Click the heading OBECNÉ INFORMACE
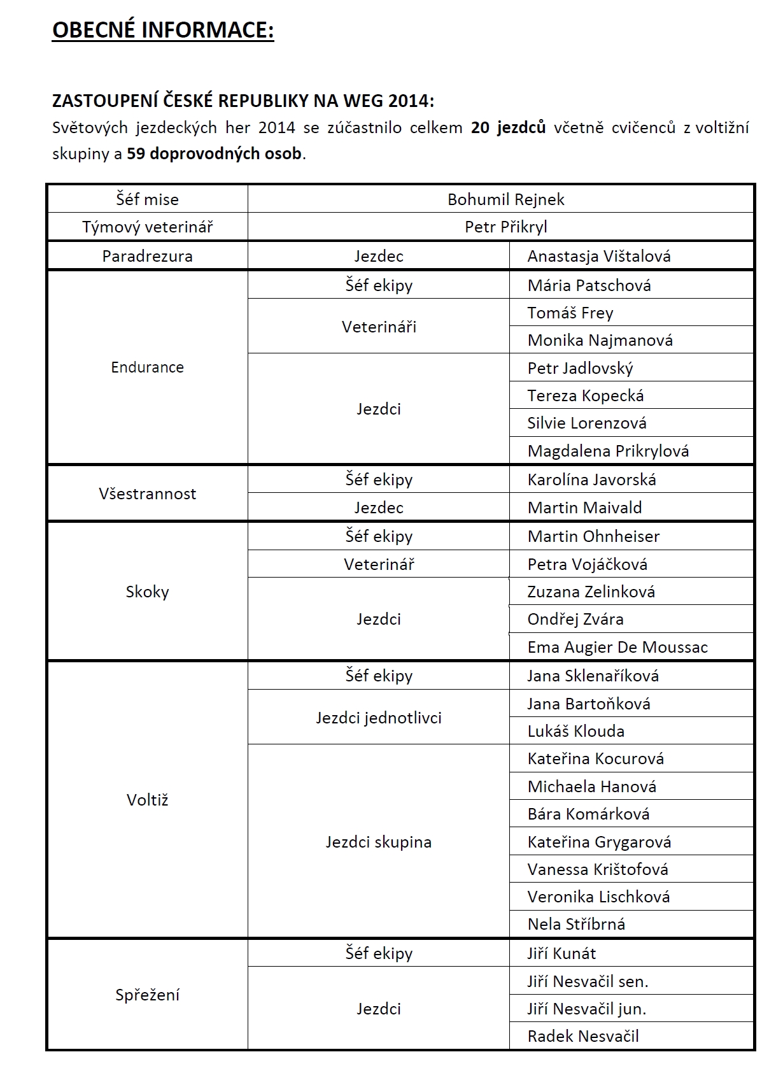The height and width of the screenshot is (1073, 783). click(x=163, y=30)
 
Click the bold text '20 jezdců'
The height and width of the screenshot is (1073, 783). click(x=508, y=127)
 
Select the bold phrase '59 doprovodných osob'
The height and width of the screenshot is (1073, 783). click(x=214, y=153)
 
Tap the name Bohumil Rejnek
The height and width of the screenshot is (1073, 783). click(x=505, y=199)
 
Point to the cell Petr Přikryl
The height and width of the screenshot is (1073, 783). click(x=505, y=227)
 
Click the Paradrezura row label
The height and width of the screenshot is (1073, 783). click(x=147, y=256)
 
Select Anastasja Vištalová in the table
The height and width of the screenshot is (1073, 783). click(x=598, y=256)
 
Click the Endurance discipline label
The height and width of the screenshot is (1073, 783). click(x=147, y=367)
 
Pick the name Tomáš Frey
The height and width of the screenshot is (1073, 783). click(x=570, y=313)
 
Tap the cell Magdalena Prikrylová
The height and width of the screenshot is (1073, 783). click(x=608, y=451)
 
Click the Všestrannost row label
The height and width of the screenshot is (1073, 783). click(x=147, y=494)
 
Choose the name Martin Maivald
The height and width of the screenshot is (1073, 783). click(x=584, y=508)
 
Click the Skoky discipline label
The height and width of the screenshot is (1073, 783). click(x=147, y=592)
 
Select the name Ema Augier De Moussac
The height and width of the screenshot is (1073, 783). click(x=617, y=647)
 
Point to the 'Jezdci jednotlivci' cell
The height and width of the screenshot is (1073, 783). click(x=378, y=718)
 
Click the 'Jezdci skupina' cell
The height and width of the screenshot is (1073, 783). click(x=378, y=842)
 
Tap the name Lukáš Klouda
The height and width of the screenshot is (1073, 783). click(x=575, y=731)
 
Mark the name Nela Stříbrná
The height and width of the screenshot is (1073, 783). click(x=576, y=924)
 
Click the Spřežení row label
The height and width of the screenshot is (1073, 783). click(x=147, y=995)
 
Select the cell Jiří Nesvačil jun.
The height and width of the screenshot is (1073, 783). click(x=586, y=1009)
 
